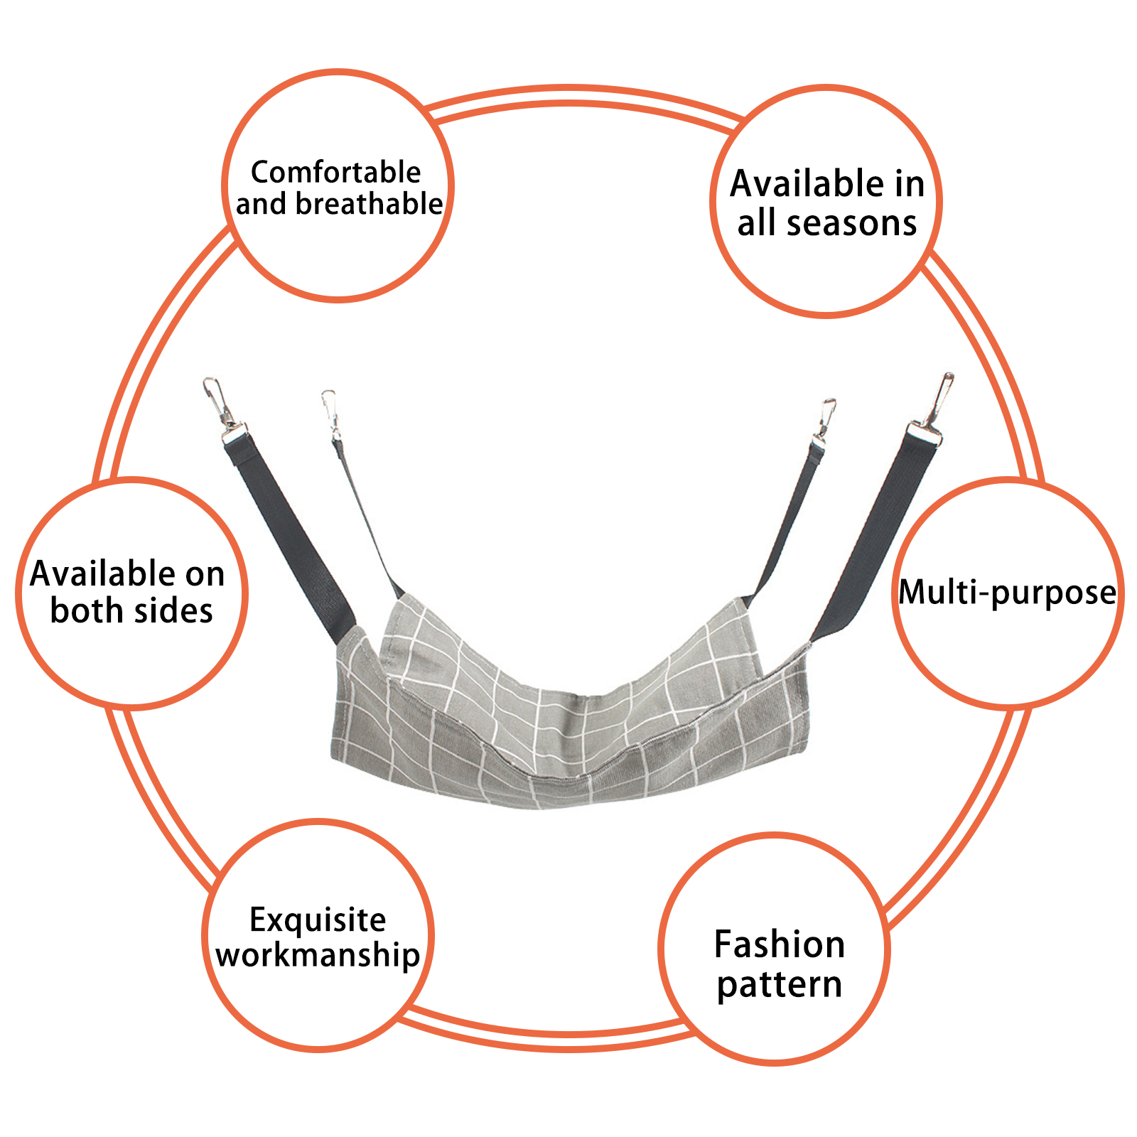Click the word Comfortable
point(335,173)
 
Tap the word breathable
point(369,205)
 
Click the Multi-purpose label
point(1007,593)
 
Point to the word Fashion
point(780,944)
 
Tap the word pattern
point(780,986)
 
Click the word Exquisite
point(318,920)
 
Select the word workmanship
point(318,954)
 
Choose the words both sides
point(131,611)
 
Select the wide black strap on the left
point(291,540)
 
